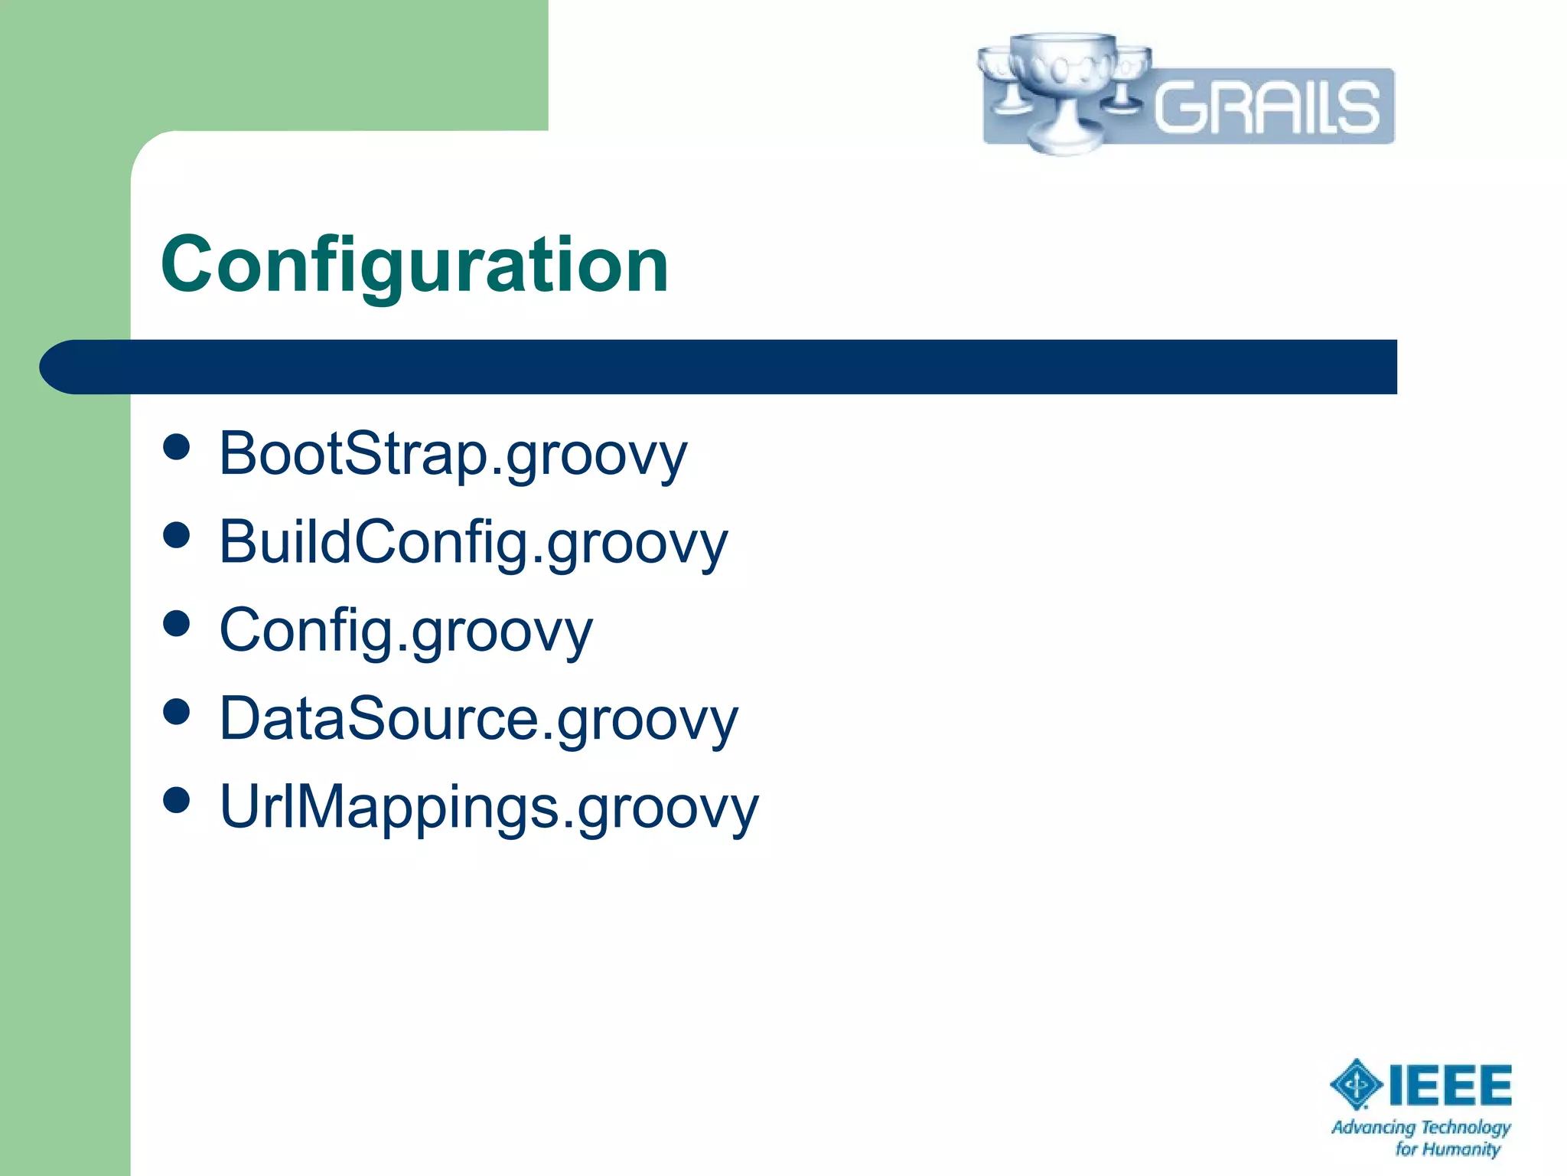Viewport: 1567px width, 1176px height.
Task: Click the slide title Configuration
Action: pos(415,265)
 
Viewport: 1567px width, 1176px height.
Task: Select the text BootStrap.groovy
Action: pos(453,455)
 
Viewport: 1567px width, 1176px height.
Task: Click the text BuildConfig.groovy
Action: pos(473,543)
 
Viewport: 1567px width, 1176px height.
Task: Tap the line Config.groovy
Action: pos(406,631)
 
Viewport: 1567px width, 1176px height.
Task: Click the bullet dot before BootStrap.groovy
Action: pos(177,447)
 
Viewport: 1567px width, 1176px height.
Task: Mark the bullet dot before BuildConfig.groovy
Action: pos(177,535)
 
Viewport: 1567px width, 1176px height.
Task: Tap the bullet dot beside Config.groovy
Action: pos(177,623)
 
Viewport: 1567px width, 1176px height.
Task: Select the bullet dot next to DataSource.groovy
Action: pos(177,712)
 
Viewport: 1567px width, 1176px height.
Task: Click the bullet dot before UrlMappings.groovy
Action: pos(177,800)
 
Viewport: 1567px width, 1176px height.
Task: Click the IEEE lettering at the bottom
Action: pos(1450,1086)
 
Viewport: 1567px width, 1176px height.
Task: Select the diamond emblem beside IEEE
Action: pos(1356,1084)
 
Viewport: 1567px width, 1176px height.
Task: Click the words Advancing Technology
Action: pos(1421,1127)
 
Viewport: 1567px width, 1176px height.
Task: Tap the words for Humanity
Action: pos(1447,1149)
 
